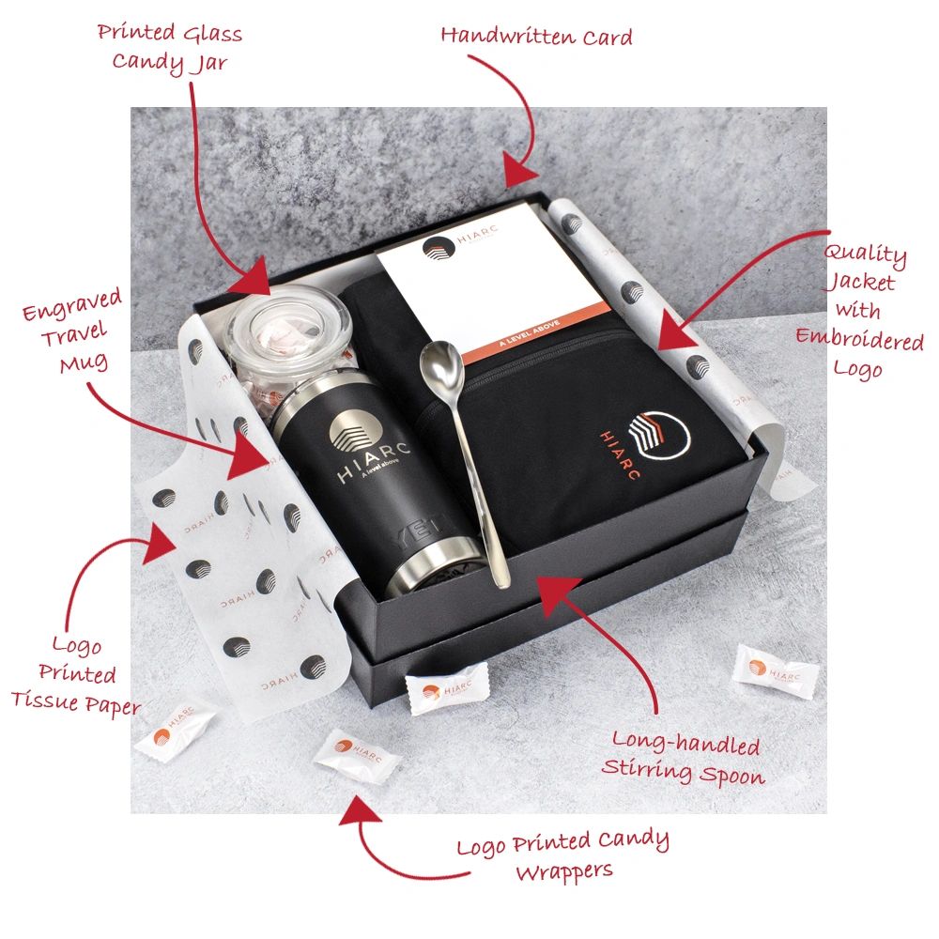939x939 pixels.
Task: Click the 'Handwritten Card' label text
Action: [536, 37]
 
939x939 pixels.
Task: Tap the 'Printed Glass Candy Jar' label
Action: [170, 48]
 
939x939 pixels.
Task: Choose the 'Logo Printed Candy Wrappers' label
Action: [562, 854]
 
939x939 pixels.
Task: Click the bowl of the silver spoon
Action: [441, 363]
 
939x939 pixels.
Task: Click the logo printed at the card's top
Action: [439, 249]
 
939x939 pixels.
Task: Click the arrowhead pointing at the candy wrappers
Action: [360, 811]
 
